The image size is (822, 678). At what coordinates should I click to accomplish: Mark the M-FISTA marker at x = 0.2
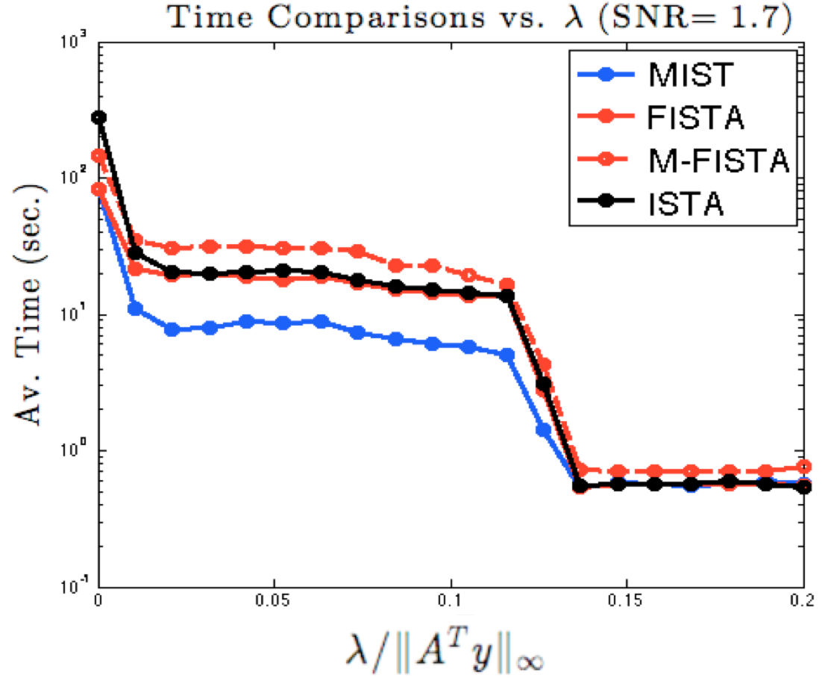pos(803,466)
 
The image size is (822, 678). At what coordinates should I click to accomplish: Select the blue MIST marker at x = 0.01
pos(135,308)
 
